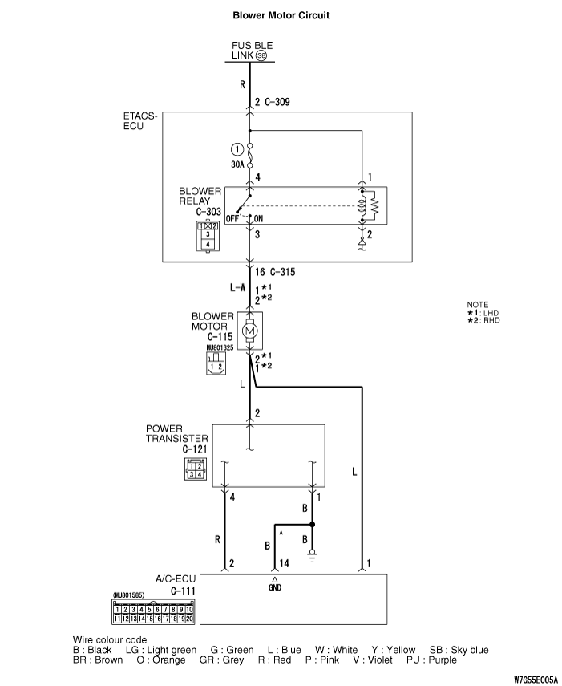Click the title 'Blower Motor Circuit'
[x=281, y=14]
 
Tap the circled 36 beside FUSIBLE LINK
[x=261, y=55]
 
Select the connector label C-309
[x=280, y=102]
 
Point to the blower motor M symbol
[x=249, y=330]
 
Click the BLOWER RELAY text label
[x=200, y=197]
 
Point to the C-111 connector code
[x=184, y=591]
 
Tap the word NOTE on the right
[x=477, y=304]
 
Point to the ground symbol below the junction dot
[x=313, y=551]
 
